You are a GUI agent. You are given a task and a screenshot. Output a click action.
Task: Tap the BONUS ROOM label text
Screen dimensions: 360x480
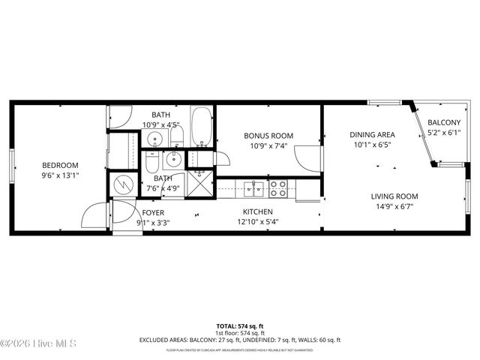[268, 136]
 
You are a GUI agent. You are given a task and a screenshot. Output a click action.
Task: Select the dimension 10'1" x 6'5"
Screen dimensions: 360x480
[371, 145]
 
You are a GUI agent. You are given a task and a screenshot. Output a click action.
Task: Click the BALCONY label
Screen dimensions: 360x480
[444, 123]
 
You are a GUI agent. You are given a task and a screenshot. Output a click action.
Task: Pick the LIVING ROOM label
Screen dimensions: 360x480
[394, 196]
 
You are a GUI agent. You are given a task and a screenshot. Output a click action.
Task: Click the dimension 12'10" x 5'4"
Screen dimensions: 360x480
[257, 222]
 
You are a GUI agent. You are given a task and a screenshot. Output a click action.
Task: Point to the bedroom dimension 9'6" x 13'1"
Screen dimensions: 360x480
[60, 175]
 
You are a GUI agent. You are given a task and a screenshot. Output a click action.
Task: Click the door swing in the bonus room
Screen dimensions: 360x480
[307, 157]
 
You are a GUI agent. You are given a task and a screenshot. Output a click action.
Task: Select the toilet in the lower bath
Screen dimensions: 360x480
[152, 163]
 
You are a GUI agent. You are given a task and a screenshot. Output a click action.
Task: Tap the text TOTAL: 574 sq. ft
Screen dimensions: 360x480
[239, 325]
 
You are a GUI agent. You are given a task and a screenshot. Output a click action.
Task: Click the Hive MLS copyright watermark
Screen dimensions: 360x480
[38, 344]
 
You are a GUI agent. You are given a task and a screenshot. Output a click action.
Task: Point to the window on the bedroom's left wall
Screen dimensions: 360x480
[11, 165]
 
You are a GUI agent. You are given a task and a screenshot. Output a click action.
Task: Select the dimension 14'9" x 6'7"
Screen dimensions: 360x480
[394, 206]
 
